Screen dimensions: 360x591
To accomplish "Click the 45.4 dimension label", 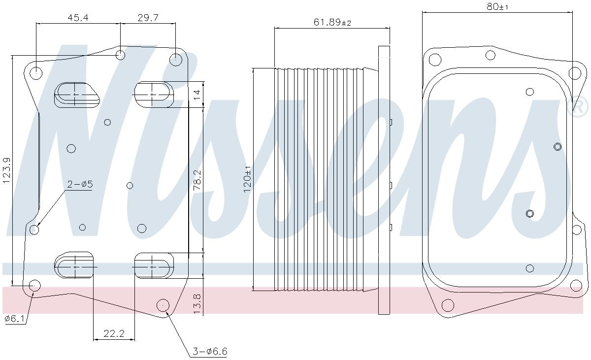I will [x=78, y=18].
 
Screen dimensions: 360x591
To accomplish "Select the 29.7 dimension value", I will [x=148, y=18].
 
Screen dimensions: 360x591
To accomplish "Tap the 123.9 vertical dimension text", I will [x=7, y=171].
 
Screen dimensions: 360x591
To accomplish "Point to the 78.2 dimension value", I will [x=197, y=180].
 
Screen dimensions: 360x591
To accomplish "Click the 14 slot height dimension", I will [x=197, y=94].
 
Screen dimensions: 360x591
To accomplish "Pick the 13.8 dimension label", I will [x=197, y=304].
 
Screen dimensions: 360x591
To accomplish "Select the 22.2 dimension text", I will [x=114, y=333].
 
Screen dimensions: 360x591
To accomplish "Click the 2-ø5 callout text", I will [x=80, y=184].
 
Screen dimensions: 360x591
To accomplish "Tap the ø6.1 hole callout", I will [x=14, y=319].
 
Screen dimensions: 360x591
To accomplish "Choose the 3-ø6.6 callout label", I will [x=209, y=351].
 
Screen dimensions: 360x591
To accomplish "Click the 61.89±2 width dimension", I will [x=332, y=22].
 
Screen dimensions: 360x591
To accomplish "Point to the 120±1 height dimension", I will [x=247, y=179].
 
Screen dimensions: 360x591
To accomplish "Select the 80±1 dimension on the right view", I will [x=497, y=7].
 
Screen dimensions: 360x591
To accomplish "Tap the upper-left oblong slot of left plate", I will [x=76, y=94].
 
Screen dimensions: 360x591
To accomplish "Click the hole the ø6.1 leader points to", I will [x=34, y=285].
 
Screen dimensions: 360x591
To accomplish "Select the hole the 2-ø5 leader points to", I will [x=34, y=229].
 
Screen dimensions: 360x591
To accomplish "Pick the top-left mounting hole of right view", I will [x=434, y=60].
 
